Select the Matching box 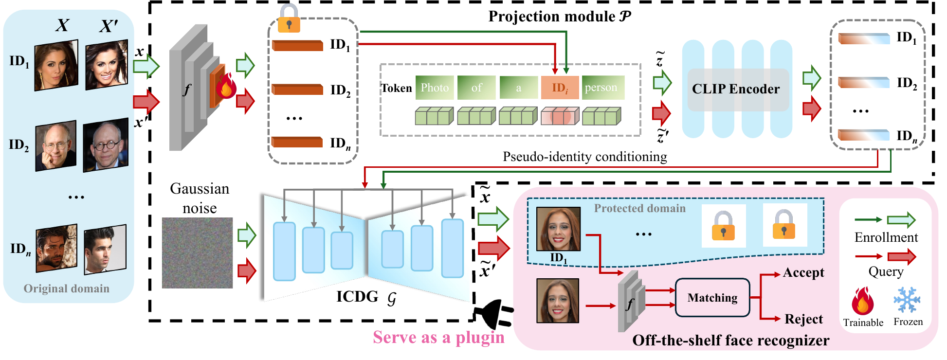click(712, 298)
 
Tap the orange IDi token click(560, 88)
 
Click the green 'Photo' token click(435, 88)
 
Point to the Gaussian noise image click(197, 253)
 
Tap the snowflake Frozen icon click(907, 300)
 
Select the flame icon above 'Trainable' click(862, 301)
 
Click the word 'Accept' click(803, 272)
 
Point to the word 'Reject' click(803, 319)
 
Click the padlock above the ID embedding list click(289, 18)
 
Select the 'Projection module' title click(560, 17)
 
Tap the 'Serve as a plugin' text click(438, 337)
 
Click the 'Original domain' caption click(67, 288)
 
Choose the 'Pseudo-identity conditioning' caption click(584, 157)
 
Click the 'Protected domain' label click(639, 208)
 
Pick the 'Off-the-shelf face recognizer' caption click(730, 341)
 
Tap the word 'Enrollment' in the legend click(886, 237)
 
